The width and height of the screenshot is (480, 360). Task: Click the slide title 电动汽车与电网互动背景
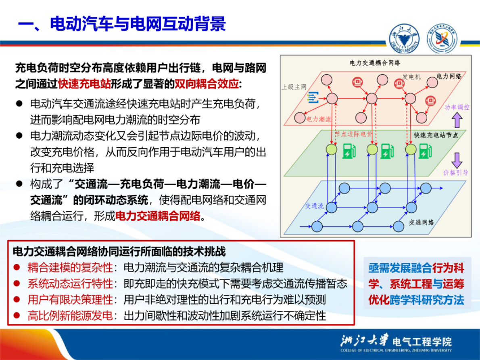click(137, 24)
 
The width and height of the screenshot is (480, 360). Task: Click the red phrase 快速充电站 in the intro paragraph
click(84, 83)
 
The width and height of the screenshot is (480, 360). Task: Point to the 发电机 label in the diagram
click(411, 77)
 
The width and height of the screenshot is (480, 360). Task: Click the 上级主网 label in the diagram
click(294, 87)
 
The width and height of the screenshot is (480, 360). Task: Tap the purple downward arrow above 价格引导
click(456, 160)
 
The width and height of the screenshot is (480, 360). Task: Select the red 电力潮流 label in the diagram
click(319, 119)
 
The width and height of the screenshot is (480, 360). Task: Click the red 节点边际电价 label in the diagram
click(354, 134)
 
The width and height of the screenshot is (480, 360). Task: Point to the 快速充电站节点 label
click(436, 135)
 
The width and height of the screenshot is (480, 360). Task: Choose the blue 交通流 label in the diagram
click(314, 206)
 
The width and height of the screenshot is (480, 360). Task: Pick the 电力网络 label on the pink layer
click(449, 76)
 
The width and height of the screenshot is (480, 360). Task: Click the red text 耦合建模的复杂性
click(70, 267)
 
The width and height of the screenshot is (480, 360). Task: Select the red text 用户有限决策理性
click(70, 300)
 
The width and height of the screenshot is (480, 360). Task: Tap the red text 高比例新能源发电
click(70, 316)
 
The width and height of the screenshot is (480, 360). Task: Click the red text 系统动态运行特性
click(70, 283)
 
